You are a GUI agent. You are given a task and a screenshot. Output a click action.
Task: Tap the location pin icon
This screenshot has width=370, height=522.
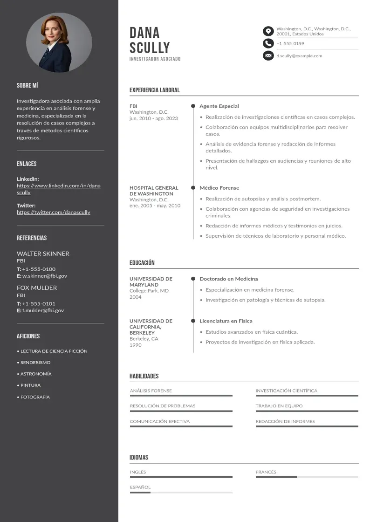click(x=268, y=31)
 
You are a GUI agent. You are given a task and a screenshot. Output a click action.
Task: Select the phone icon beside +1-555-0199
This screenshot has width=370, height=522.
click(x=268, y=43)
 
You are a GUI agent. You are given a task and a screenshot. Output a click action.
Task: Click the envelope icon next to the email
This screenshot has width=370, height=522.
click(x=268, y=56)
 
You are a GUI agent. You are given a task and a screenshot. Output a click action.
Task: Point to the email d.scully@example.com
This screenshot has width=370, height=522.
click(x=299, y=56)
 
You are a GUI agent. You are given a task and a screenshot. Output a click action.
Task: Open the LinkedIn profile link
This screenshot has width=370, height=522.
click(x=58, y=189)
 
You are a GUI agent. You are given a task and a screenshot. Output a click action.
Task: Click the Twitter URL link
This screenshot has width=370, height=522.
click(x=53, y=212)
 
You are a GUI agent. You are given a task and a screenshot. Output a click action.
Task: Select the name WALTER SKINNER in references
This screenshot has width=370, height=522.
click(x=43, y=254)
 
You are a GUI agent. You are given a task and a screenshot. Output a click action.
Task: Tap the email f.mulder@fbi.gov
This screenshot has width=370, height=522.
click(x=43, y=310)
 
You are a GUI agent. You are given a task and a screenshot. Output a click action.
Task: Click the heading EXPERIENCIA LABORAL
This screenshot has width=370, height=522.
click(x=154, y=90)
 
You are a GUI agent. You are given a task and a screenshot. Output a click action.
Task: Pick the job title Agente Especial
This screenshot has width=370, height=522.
click(x=219, y=106)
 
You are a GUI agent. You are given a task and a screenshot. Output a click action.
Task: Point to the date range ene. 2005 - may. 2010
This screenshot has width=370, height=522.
click(x=155, y=206)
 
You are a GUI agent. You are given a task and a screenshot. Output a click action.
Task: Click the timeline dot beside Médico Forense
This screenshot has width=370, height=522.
click(x=193, y=188)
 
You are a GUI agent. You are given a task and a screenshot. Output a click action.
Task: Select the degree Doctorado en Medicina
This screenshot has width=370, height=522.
click(x=228, y=279)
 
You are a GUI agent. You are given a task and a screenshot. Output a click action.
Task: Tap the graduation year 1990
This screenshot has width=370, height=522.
click(x=135, y=345)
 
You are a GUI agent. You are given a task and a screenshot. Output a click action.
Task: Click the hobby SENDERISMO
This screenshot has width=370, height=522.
click(x=35, y=362)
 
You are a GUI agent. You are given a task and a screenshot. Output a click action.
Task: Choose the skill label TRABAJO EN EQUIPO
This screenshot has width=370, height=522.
click(x=279, y=406)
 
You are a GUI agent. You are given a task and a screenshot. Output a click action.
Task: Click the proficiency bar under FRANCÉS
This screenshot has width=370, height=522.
click(x=307, y=477)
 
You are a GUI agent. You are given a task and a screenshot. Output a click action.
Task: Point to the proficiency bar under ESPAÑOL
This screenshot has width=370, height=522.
click(x=181, y=492)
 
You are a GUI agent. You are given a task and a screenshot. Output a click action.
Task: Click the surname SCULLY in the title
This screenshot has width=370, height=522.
click(x=150, y=48)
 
